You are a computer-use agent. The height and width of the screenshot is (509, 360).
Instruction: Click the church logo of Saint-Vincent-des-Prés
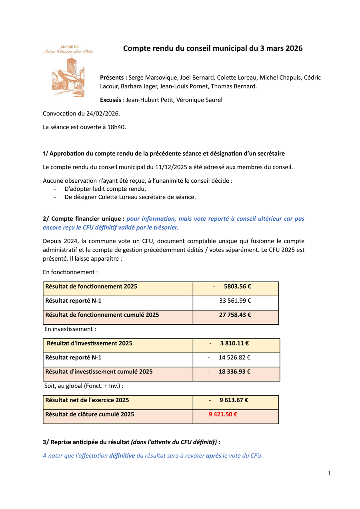coord(68,71)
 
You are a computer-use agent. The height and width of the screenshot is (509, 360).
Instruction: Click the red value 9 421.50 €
coord(223,414)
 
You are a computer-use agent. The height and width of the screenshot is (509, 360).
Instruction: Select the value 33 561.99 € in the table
coord(235,301)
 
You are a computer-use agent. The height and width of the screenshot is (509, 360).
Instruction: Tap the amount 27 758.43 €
coord(235,315)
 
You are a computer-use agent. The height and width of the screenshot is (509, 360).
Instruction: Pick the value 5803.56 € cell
coord(237,286)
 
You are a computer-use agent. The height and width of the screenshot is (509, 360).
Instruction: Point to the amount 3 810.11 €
coord(234,343)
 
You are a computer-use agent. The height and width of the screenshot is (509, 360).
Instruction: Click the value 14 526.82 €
coord(234,357)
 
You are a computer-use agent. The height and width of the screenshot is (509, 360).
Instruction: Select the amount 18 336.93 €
coord(234,371)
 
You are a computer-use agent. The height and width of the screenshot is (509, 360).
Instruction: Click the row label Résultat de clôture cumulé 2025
coord(90,414)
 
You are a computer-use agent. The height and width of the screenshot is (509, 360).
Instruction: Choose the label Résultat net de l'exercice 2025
coord(87,400)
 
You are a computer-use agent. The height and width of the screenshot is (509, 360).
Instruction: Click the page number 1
coord(329,473)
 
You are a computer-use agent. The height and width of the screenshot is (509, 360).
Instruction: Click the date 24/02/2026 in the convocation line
coord(103,114)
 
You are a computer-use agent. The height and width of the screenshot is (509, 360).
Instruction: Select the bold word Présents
coord(113,78)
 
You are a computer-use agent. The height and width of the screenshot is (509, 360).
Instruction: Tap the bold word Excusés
coord(111,100)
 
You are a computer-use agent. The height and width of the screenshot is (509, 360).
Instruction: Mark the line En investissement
coord(70,329)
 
